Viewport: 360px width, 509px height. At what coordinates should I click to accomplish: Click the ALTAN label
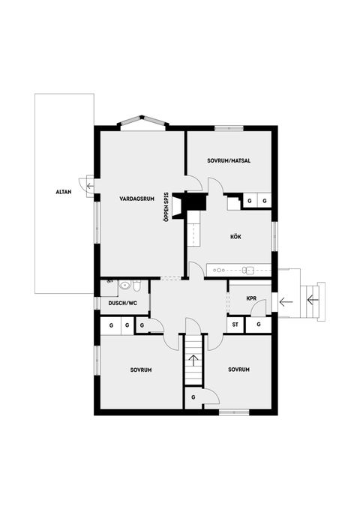[63, 193]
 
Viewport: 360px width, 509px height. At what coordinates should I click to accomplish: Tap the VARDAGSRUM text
[136, 199]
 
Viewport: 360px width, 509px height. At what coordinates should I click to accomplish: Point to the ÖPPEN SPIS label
[166, 207]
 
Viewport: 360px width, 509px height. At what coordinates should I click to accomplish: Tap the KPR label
[252, 298]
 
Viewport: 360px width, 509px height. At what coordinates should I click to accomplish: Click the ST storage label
[235, 325]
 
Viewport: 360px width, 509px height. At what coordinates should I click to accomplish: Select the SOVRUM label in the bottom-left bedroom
[141, 370]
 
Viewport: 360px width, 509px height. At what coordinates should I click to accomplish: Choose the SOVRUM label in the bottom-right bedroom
[239, 370]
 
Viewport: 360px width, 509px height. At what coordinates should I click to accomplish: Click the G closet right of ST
[258, 325]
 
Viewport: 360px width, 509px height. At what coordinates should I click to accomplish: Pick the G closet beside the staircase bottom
[193, 397]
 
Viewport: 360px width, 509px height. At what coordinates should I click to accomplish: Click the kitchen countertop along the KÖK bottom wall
[238, 268]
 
